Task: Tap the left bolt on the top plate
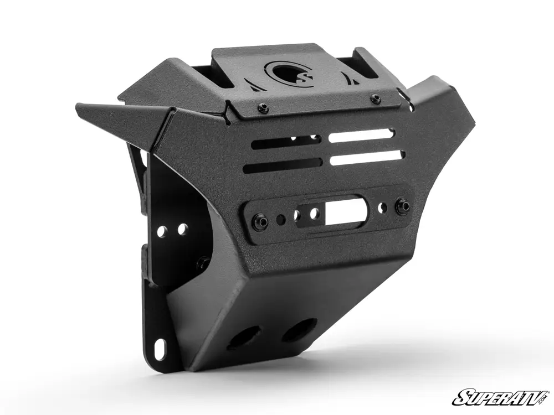[x=263, y=108]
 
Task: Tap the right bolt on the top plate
[x=376, y=99]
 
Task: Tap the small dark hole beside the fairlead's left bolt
[x=281, y=220]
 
